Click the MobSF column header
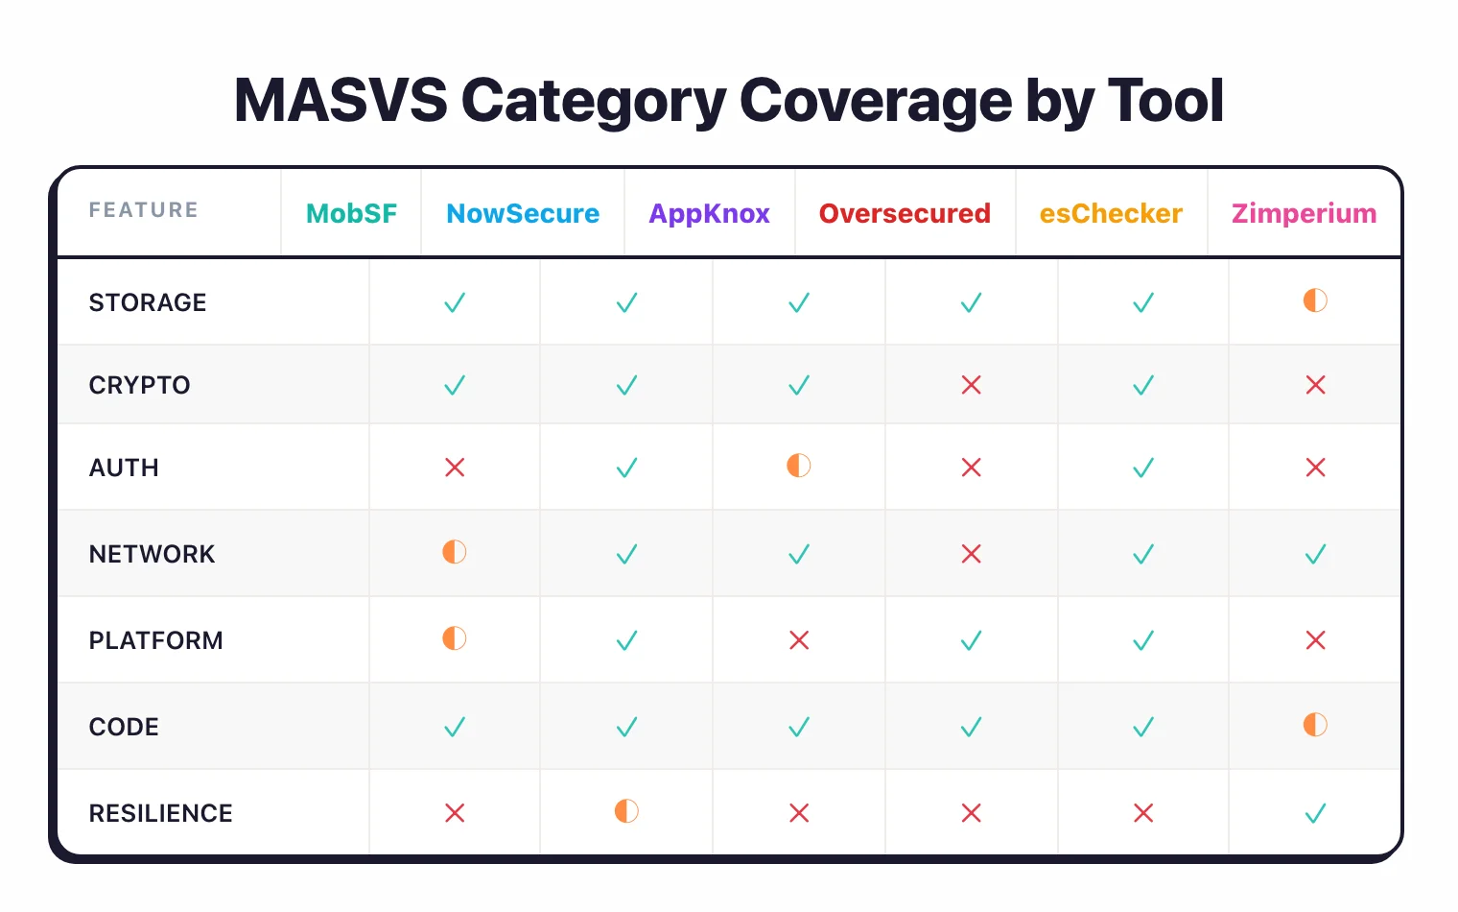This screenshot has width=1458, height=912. click(x=351, y=213)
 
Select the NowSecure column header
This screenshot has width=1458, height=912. click(x=523, y=213)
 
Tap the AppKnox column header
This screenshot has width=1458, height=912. click(x=709, y=213)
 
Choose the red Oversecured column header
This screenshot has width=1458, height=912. click(x=905, y=213)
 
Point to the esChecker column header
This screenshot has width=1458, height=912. click(x=1111, y=213)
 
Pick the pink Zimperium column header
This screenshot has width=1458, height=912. click(x=1304, y=213)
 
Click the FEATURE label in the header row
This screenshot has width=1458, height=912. click(x=144, y=210)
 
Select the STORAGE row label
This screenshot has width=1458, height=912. click(x=148, y=302)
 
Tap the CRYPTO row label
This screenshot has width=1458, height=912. click(x=140, y=385)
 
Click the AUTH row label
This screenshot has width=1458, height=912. click(x=124, y=468)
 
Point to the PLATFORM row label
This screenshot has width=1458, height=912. click(x=155, y=640)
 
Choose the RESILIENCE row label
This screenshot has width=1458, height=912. click(x=161, y=813)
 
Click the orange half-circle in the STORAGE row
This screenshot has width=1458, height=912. click(x=1315, y=300)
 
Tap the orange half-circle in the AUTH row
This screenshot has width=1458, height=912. click(x=798, y=466)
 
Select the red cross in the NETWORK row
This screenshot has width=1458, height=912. click(x=971, y=554)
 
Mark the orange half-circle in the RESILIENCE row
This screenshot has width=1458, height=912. click(x=626, y=811)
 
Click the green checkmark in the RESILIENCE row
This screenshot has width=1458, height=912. click(x=1315, y=814)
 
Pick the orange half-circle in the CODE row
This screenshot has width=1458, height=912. click(x=1315, y=725)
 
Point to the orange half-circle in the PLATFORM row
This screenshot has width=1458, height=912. click(x=454, y=638)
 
